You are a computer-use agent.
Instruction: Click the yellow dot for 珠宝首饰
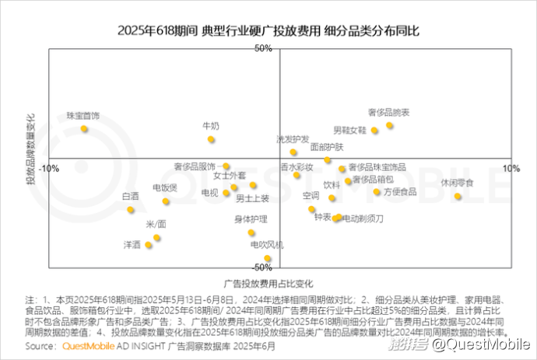(x=84, y=129)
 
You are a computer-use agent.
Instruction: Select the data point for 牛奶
(x=211, y=140)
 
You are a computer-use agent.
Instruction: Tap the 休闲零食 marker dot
(x=458, y=196)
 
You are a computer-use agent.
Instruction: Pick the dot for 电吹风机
(x=268, y=258)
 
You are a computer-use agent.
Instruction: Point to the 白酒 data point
(x=131, y=210)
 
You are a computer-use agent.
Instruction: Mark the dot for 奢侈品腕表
(x=389, y=125)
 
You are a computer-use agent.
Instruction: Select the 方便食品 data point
(x=377, y=191)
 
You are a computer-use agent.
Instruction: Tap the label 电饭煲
(x=165, y=187)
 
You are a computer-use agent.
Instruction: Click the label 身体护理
(x=251, y=219)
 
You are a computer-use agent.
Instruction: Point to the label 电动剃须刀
(x=363, y=218)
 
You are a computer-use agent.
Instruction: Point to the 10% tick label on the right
(x=510, y=168)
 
